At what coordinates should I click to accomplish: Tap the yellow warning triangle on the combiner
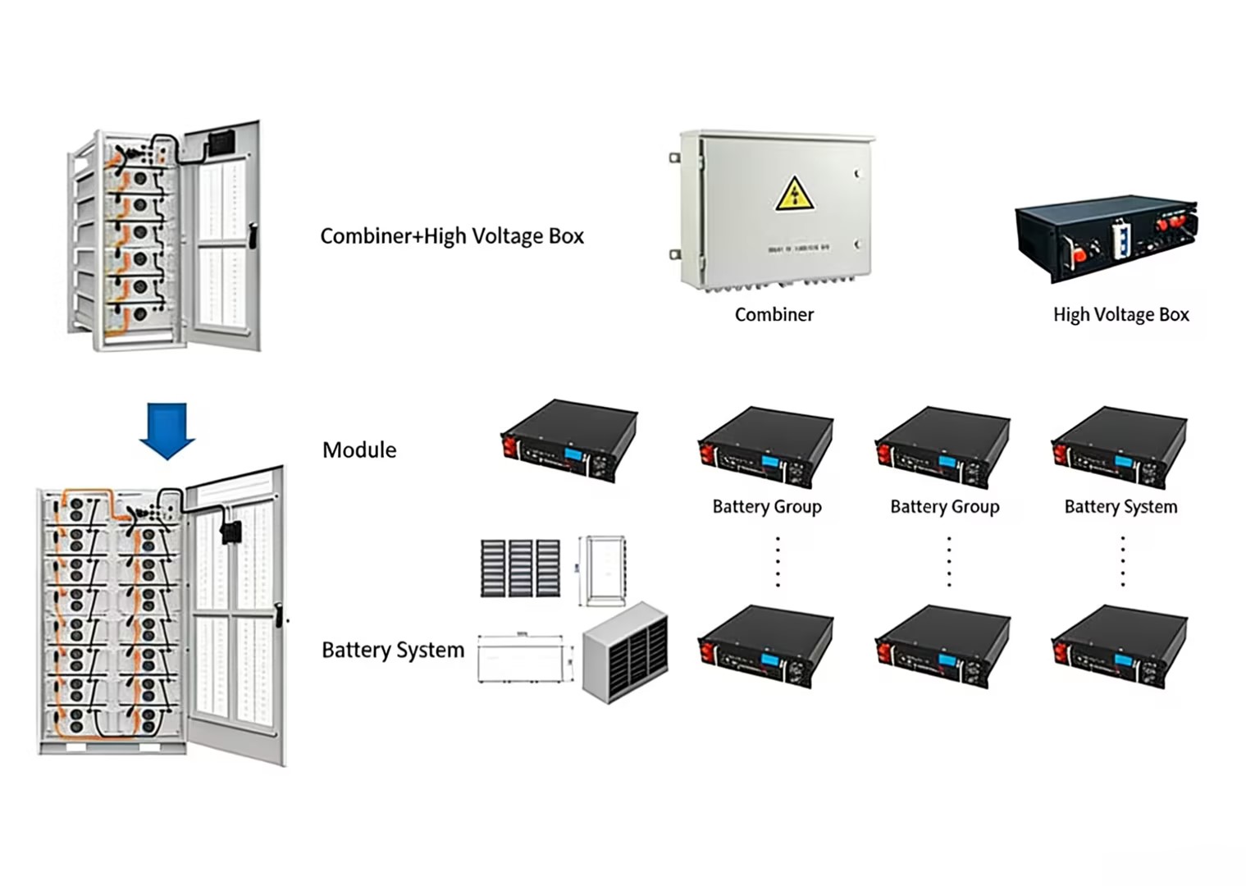pos(794,194)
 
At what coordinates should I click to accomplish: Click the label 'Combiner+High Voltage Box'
pos(452,236)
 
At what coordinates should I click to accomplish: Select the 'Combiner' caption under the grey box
pos(774,314)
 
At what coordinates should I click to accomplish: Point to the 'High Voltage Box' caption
pos(1120,314)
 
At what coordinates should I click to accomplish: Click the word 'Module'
pos(359,450)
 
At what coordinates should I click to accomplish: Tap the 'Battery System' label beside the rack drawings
pos(393,650)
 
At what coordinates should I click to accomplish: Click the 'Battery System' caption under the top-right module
pos(1120,507)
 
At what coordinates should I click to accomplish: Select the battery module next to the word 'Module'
pos(569,441)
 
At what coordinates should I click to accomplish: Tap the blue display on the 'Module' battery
pos(575,453)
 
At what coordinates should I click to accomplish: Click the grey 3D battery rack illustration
pos(625,653)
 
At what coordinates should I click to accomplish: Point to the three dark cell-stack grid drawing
pos(520,568)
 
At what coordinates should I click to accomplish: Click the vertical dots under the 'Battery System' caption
pos(1122,562)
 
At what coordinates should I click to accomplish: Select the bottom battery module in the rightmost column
pos(1120,646)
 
